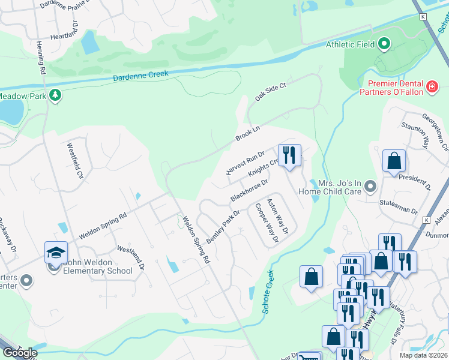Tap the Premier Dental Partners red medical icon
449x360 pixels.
[x=431, y=88]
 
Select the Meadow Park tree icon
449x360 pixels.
[x=55, y=95]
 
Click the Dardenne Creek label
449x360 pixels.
[x=142, y=76]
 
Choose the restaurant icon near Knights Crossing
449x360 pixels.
[x=289, y=155]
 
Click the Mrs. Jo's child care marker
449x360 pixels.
[x=370, y=187]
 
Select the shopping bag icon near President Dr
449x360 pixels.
[x=394, y=161]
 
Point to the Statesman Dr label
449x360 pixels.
[x=399, y=211]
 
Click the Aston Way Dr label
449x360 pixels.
[x=277, y=217]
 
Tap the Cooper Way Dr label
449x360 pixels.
[x=267, y=223]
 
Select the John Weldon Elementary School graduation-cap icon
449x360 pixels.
[x=55, y=253]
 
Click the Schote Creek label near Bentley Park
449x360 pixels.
[x=268, y=292]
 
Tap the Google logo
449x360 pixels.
[x=19, y=352]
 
